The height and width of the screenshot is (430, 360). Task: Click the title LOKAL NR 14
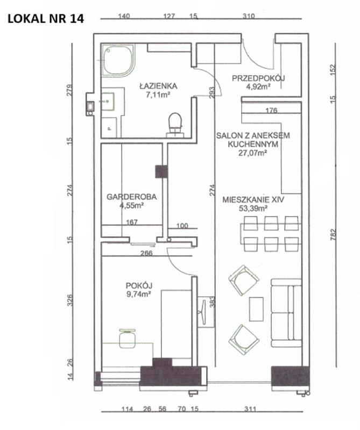tap(46, 19)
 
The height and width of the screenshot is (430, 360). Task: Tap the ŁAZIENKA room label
tap(158, 86)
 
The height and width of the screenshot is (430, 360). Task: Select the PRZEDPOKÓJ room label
tap(258, 78)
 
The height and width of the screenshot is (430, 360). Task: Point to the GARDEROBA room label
tap(131, 197)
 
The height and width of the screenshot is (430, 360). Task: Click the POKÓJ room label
tap(139, 285)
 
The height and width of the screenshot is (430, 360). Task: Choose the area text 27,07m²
tap(252, 153)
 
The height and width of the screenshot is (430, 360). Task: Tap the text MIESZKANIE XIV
tap(253, 199)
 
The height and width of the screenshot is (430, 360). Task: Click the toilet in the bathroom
tap(175, 125)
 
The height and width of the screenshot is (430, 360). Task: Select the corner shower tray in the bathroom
tap(118, 60)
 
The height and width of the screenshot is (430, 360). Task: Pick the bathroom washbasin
tap(108, 102)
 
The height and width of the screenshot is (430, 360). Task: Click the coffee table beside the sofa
tap(256, 309)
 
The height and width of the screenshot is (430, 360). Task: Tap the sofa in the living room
tap(286, 313)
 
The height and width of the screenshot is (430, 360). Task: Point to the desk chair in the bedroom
tap(128, 338)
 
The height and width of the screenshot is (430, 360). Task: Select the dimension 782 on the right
tap(333, 235)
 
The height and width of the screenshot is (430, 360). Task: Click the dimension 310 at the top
tap(249, 16)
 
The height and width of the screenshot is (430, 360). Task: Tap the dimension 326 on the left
tap(70, 300)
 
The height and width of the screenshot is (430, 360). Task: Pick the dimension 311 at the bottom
tap(250, 409)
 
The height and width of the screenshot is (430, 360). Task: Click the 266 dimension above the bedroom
tap(146, 253)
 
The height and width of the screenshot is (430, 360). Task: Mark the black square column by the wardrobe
tap(161, 171)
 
